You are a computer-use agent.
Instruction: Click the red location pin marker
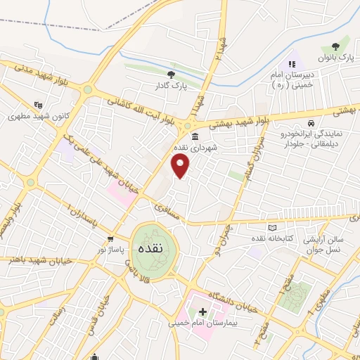tap(181, 167)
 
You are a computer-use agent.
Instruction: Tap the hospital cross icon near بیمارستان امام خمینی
tap(203, 311)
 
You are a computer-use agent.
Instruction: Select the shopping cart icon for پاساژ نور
tap(110, 239)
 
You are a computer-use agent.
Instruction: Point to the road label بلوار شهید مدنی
tap(39, 76)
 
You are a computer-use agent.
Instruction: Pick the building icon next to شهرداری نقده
tap(193, 136)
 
